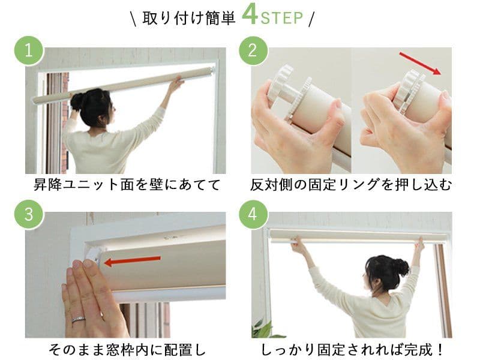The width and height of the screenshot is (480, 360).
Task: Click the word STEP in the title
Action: coord(281,19)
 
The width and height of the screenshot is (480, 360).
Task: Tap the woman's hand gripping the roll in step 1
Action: coord(176,82)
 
